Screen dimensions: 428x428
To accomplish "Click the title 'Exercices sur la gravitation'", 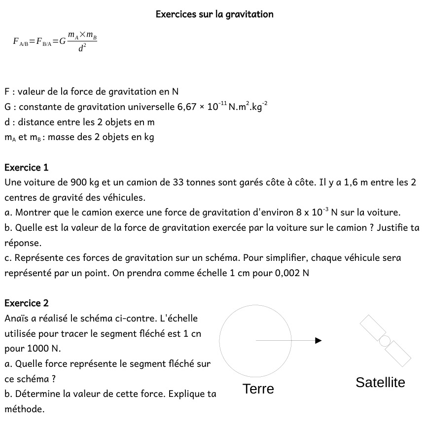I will click(214, 14).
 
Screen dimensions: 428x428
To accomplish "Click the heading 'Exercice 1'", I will click(27, 168).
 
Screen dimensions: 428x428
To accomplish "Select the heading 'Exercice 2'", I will click(27, 303).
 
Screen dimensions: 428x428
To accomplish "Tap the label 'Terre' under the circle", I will click(258, 389).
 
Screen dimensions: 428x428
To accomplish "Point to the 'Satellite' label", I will click(380, 382).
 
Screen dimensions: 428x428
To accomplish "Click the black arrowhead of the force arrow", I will click(319, 340).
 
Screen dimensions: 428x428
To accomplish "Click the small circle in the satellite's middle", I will click(385, 340).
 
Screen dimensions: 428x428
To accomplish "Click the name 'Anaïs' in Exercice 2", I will click(16, 319).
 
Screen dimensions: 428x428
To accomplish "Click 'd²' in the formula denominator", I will click(82, 49).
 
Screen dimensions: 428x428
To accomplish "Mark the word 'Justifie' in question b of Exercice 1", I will click(392, 228).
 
